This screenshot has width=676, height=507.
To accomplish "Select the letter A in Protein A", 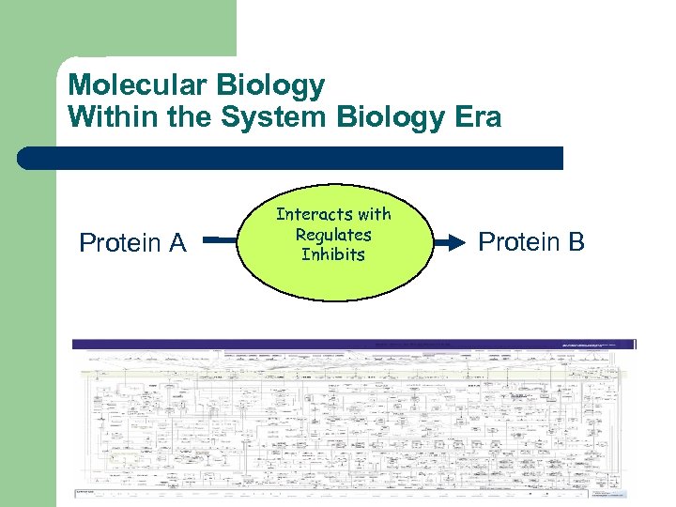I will (177, 243).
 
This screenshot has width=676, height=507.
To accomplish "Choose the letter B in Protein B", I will (576, 242).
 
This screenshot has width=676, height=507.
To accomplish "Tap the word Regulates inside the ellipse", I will (333, 235).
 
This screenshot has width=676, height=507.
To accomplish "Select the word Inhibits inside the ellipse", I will (333, 254).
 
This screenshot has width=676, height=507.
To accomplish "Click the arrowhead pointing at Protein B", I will (456, 242).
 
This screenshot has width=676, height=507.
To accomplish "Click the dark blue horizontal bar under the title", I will (300, 158).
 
